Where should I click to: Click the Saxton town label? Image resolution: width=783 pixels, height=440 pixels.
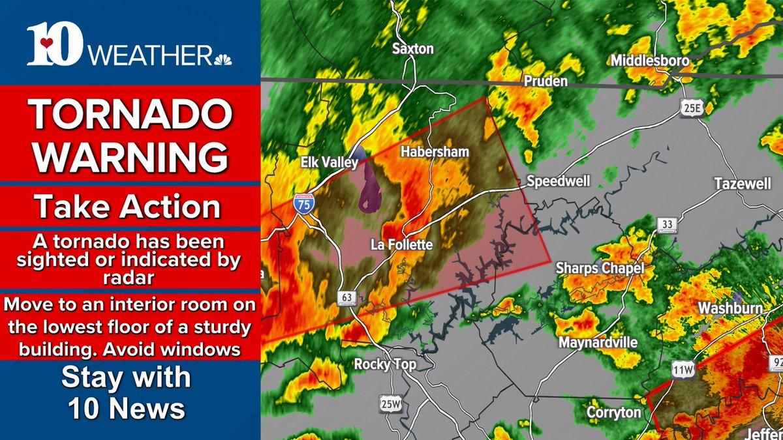[x=412, y=48]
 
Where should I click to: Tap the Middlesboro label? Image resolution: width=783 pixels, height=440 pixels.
[x=650, y=61]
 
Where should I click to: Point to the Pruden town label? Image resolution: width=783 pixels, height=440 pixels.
[x=545, y=81]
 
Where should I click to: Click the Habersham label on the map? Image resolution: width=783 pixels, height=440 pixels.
[x=435, y=152]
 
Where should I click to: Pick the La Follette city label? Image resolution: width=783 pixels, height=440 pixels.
[x=401, y=245]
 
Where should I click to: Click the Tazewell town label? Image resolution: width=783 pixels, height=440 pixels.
[x=743, y=184]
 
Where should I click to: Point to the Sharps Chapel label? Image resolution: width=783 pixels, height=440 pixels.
[x=600, y=268]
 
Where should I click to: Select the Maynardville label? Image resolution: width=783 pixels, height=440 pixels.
[x=598, y=342]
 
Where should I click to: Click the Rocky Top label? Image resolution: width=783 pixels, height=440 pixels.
[x=384, y=364]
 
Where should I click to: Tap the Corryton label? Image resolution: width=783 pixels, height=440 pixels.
[x=613, y=413]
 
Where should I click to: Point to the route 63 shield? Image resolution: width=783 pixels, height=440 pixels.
[x=347, y=297]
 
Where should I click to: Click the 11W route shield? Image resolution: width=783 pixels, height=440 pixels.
[x=681, y=370]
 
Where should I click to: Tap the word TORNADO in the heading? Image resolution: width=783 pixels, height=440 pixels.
[x=130, y=115]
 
